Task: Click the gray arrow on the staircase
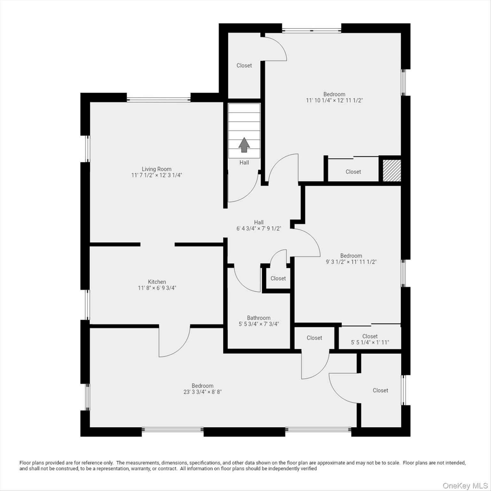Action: coord(244,145)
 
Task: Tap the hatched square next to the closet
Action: coord(392,171)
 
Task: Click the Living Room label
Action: coord(157,169)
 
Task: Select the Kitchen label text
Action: coord(157,282)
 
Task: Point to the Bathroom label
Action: coord(259,318)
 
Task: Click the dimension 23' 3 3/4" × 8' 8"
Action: coord(203,392)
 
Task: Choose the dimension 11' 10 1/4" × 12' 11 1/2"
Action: coord(334,100)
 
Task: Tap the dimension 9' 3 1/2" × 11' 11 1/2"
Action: coord(351,262)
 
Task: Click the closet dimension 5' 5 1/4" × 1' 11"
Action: coord(370,342)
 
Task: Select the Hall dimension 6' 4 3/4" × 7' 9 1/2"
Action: coord(259,229)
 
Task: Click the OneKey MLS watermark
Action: coord(465,486)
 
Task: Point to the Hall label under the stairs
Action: coord(244,162)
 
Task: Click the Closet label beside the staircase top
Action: coord(244,65)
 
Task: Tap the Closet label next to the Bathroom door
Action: coord(278,278)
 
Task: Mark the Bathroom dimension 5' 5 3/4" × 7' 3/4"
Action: coord(259,324)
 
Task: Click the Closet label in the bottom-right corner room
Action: coord(380,390)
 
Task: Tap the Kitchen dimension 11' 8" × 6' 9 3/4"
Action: coord(157,288)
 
